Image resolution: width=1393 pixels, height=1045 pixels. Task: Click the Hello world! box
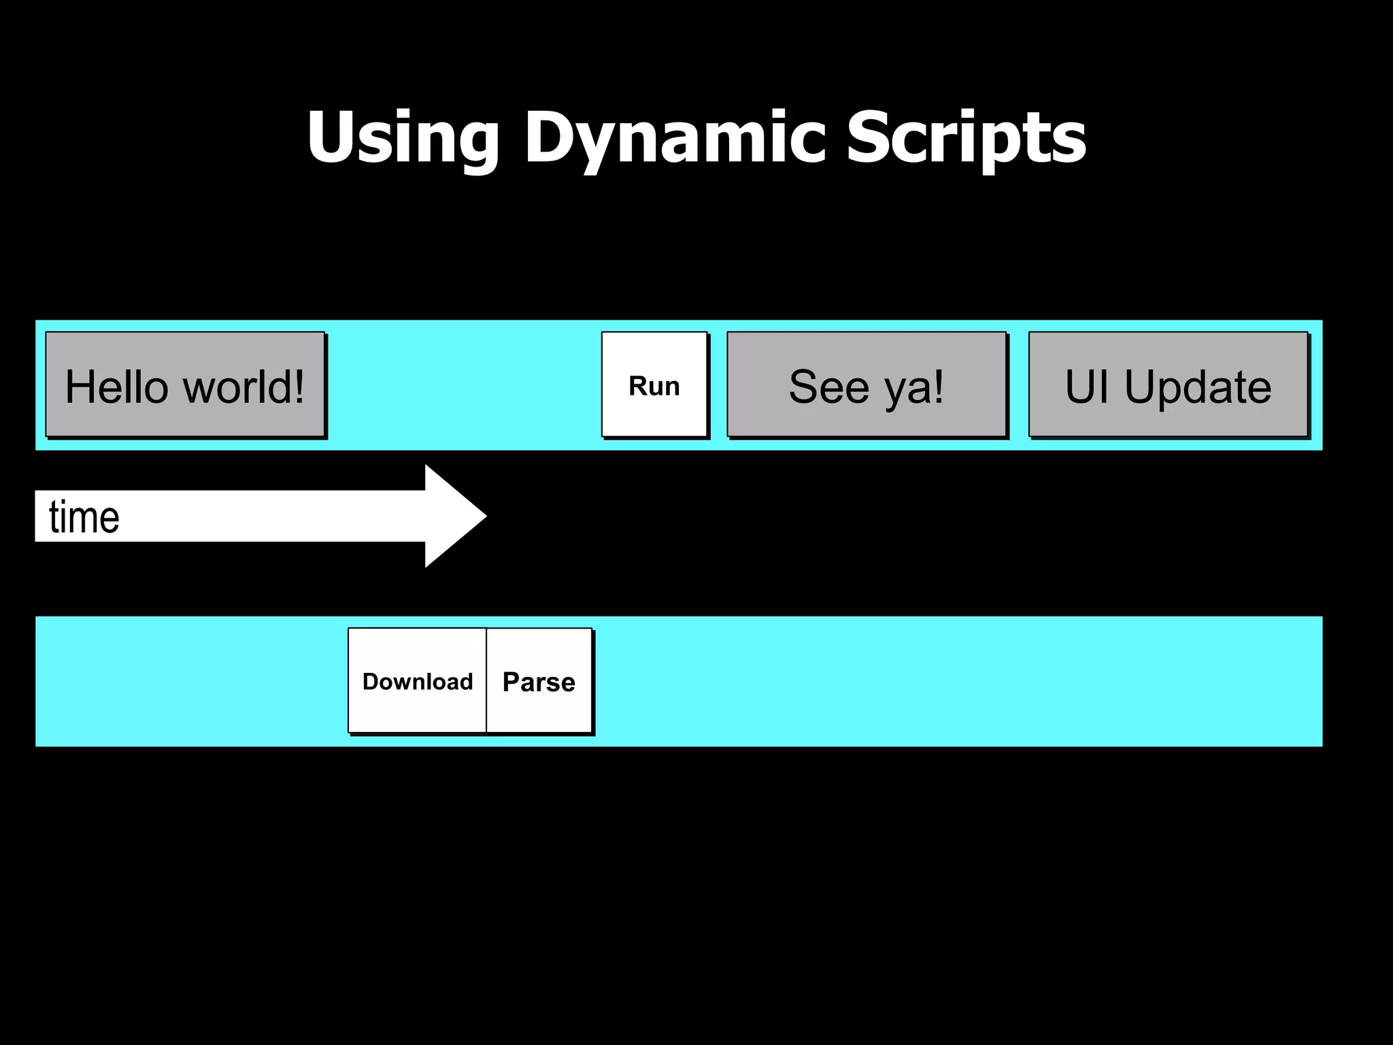coord(185,384)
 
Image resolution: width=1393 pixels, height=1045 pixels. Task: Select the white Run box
coord(654,384)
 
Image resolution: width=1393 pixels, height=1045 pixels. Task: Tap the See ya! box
coord(867,384)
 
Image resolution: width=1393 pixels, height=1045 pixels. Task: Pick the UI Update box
coord(1168,384)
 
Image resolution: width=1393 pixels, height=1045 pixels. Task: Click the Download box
coord(417,680)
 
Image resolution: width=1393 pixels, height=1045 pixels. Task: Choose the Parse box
coord(539,680)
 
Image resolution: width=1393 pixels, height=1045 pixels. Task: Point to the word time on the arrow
coord(84,517)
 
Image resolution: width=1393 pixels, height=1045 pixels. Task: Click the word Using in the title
coord(403,138)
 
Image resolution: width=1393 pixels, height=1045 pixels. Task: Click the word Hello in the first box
coord(116,386)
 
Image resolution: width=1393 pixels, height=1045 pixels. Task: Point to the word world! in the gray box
coord(244,386)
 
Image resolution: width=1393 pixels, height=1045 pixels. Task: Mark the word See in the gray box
coord(829,386)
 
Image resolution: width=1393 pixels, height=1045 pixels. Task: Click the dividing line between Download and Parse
coord(486,680)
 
